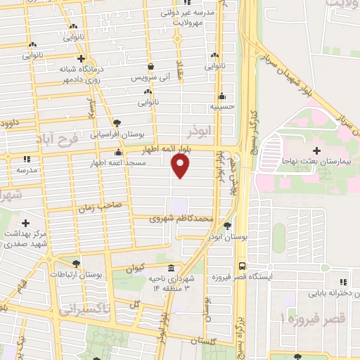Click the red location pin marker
[181, 166]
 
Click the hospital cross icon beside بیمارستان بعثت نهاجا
[316, 150]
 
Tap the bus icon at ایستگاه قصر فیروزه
[241, 266]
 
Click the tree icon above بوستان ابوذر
[227, 226]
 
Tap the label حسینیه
[221, 108]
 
